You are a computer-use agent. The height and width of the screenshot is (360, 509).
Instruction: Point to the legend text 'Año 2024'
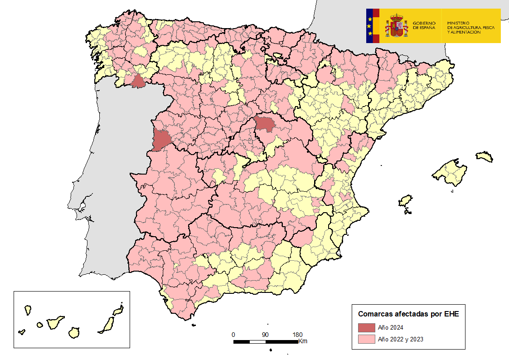pos(391,328)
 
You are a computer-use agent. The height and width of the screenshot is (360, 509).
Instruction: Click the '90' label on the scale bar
pos(265,335)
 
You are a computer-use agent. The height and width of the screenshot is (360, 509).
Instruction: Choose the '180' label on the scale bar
pos(297,335)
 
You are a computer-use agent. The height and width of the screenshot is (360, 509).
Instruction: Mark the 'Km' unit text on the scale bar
pos(303,341)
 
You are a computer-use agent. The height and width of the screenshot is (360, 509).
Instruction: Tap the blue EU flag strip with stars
pos(370,26)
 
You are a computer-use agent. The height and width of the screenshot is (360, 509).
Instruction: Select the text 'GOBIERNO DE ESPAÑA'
pos(424,25)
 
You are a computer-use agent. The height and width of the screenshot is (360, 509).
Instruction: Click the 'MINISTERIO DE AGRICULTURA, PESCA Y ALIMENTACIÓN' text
pos(470,28)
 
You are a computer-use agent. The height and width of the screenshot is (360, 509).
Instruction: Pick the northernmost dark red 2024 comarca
pos(138,81)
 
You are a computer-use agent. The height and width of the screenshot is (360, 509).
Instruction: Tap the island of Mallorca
pos(451,173)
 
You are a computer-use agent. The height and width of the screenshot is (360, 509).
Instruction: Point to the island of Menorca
pos(484,157)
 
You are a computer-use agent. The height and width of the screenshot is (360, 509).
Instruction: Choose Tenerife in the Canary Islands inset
pos(55,323)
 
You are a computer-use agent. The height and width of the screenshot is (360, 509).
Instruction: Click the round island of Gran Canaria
pos(74,332)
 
